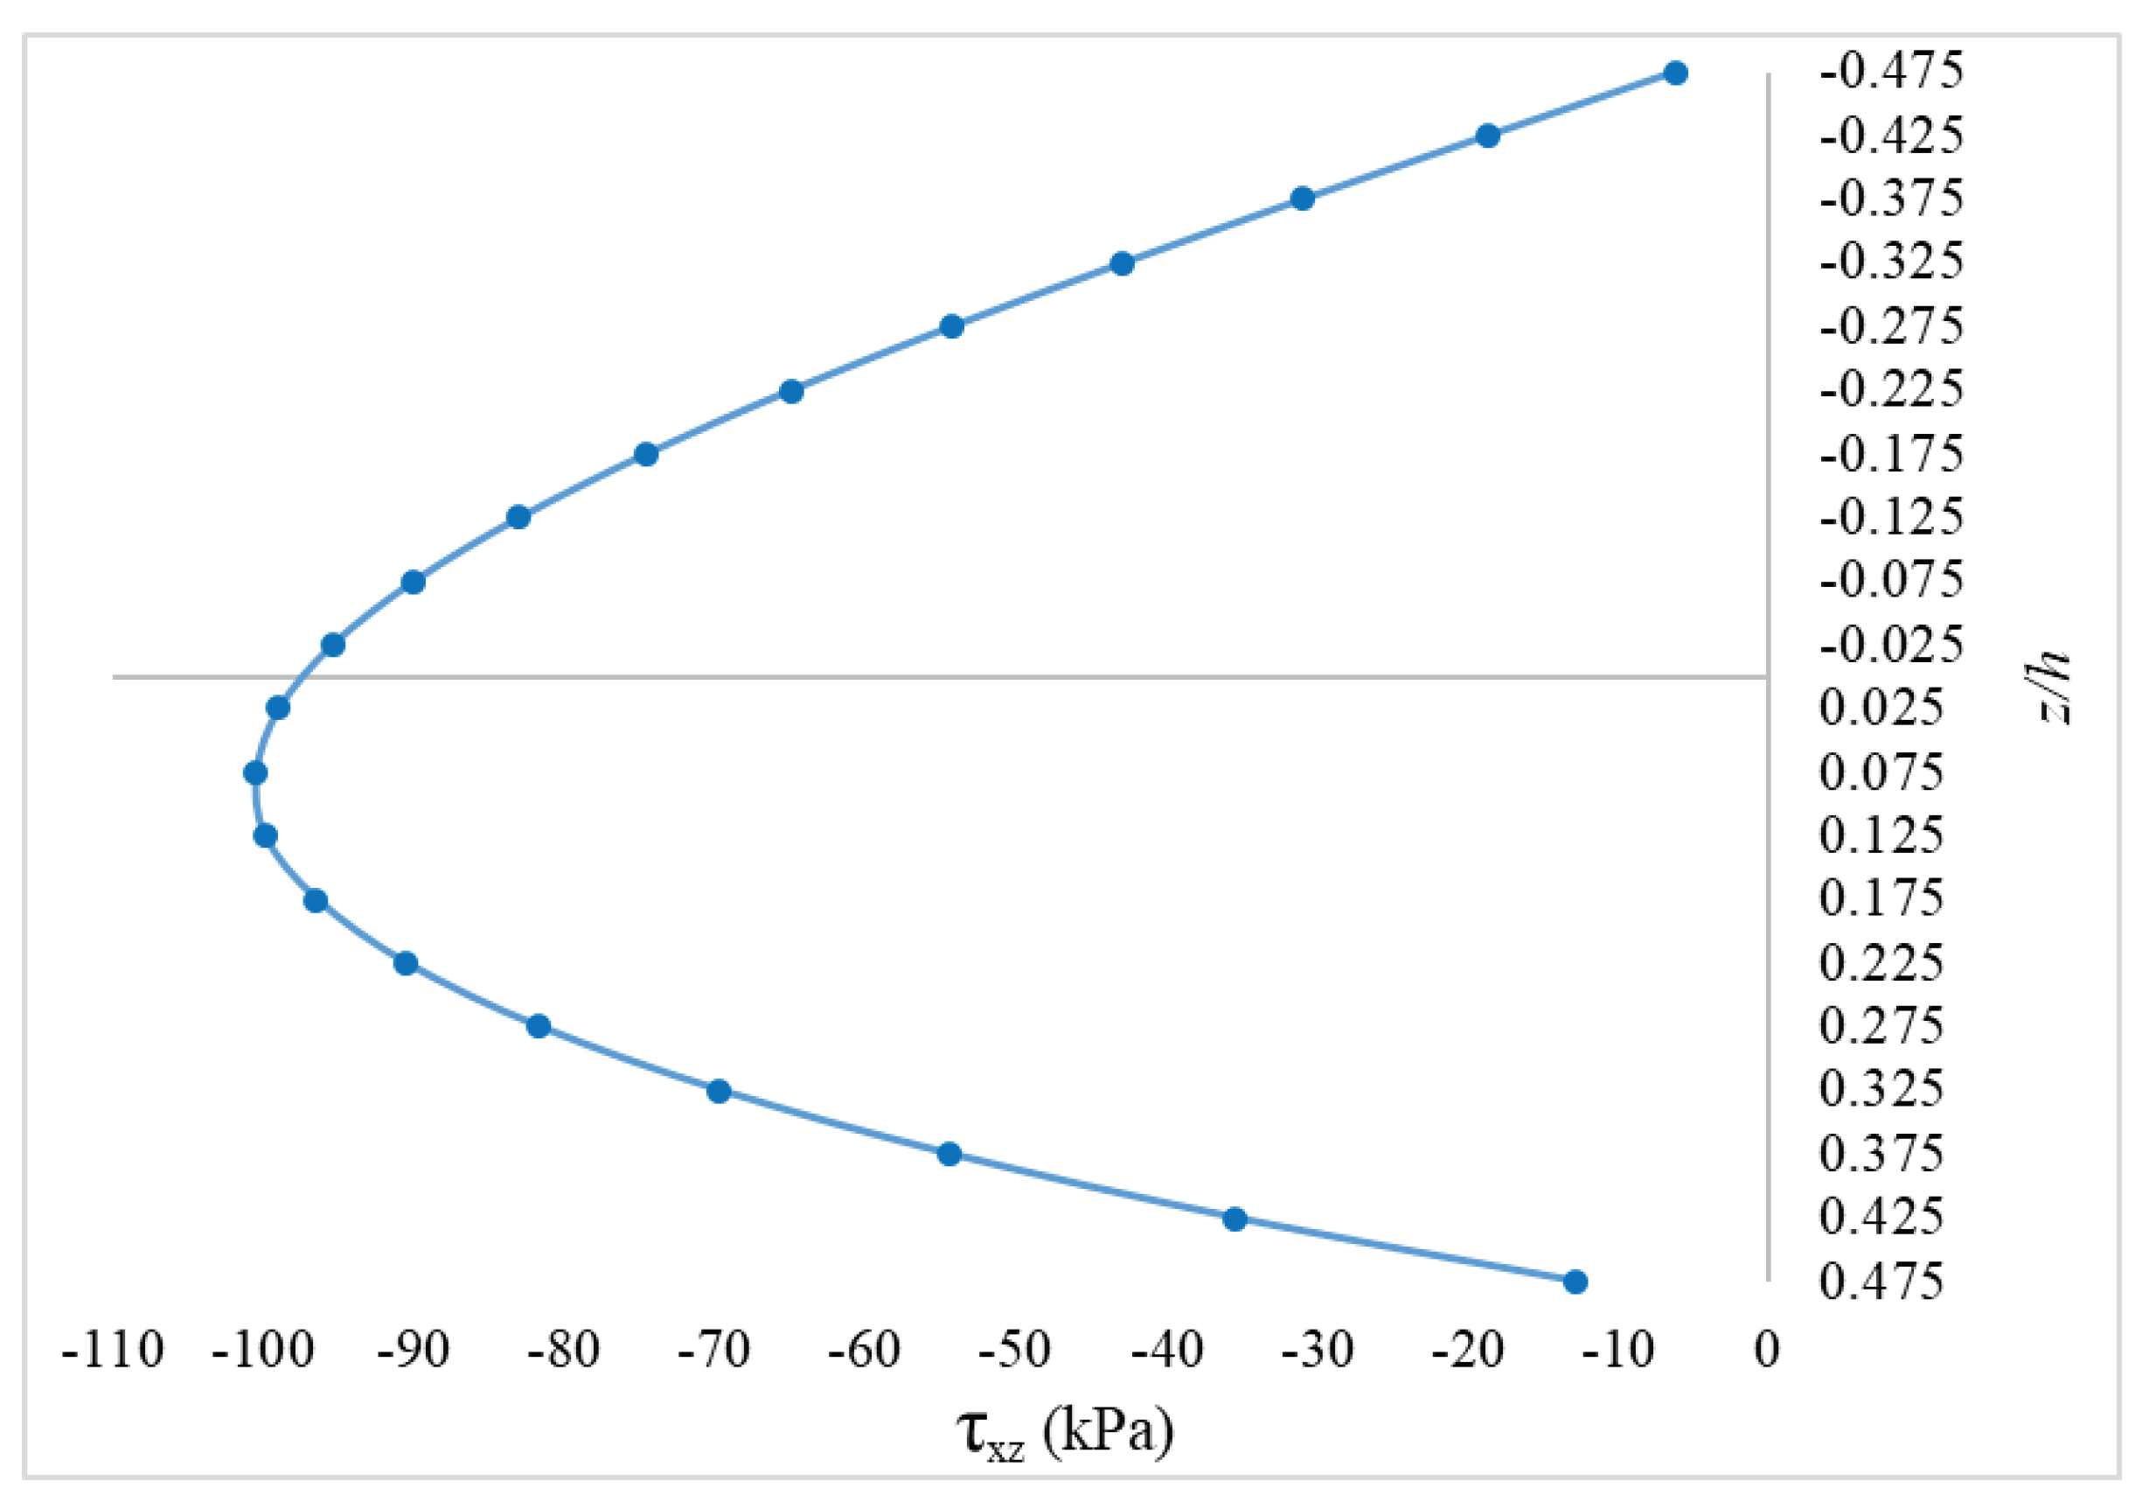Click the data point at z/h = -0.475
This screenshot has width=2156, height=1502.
coord(1675,73)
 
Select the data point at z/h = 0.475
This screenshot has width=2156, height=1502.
coord(1575,1282)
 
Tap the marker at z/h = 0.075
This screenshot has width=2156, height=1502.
coord(254,773)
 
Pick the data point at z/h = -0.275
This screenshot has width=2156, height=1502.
coord(951,327)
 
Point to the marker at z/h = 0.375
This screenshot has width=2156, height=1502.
coord(949,1154)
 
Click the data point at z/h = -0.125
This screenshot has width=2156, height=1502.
coord(518,517)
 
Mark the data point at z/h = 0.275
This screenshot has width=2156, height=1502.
coord(538,1026)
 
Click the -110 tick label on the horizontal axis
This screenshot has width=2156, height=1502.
coord(113,1351)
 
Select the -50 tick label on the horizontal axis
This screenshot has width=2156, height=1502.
coord(1014,1351)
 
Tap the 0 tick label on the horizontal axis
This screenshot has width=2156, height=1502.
coord(1767,1351)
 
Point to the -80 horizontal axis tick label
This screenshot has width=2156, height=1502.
coord(563,1351)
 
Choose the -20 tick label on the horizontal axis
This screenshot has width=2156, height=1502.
coord(1468,1351)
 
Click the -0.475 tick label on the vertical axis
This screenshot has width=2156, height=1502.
coord(1891,71)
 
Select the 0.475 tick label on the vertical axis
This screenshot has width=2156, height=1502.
coord(1881,1282)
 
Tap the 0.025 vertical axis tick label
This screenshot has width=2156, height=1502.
coord(1881,708)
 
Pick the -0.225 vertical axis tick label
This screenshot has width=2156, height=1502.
coord(1891,389)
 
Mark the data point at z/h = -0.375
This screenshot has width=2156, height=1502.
coord(1302,199)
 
